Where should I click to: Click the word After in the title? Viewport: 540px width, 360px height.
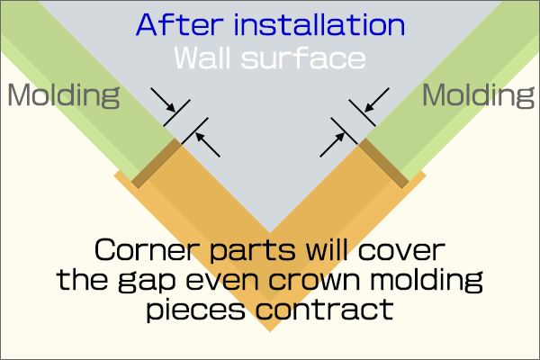click(x=179, y=25)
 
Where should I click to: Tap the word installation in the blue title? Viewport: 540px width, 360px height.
click(x=319, y=25)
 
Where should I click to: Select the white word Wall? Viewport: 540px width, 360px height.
click(x=202, y=58)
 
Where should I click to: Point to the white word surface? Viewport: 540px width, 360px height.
click(x=303, y=58)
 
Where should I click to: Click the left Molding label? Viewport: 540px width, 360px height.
click(x=64, y=95)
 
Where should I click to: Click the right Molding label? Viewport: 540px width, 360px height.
click(x=478, y=95)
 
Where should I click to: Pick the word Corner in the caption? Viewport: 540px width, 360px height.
click(x=147, y=250)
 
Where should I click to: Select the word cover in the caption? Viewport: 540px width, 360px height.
click(x=401, y=251)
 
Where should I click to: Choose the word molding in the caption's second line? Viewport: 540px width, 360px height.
click(x=427, y=281)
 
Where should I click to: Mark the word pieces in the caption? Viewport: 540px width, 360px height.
click(x=195, y=310)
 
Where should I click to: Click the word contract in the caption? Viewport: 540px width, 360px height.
click(x=324, y=309)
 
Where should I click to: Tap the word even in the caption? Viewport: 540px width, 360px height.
click(x=222, y=281)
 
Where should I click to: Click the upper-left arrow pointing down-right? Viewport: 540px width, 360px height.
click(x=163, y=100)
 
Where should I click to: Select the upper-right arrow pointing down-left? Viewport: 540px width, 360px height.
click(x=377, y=100)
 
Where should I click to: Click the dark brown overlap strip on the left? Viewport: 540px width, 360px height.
click(x=157, y=163)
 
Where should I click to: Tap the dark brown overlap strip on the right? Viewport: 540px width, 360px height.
click(x=383, y=163)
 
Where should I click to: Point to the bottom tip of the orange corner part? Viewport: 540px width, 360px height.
click(x=270, y=331)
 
